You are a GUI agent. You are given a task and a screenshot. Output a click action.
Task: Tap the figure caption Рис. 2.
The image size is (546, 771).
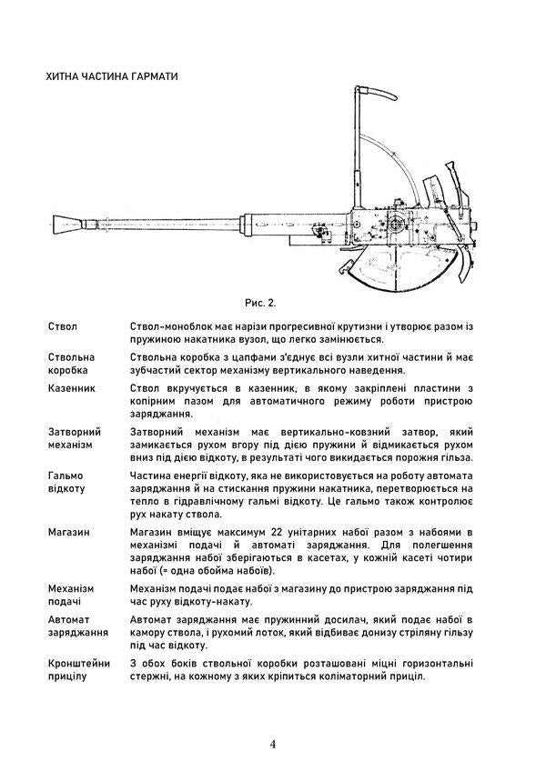[x=260, y=301]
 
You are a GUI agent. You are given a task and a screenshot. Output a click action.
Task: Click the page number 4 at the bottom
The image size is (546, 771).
[x=273, y=744]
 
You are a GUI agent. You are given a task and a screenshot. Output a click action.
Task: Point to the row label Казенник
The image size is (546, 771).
[x=71, y=388]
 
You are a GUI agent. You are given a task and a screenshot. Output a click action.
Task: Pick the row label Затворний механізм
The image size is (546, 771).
[x=74, y=438]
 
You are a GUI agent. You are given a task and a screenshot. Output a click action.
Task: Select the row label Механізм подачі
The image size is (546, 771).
[x=73, y=595]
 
